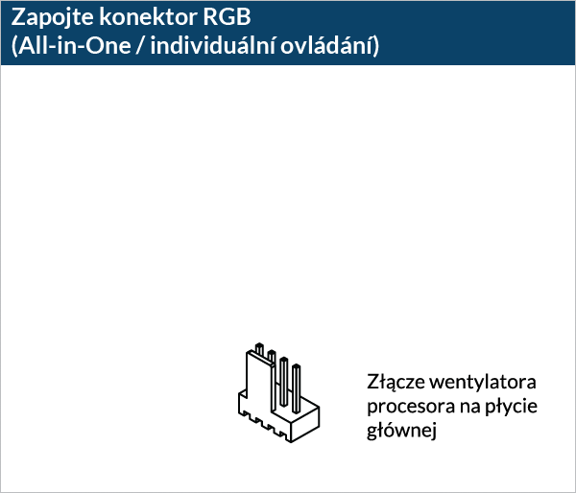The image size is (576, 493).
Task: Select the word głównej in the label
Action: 402,431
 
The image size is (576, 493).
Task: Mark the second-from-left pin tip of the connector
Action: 272,354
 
